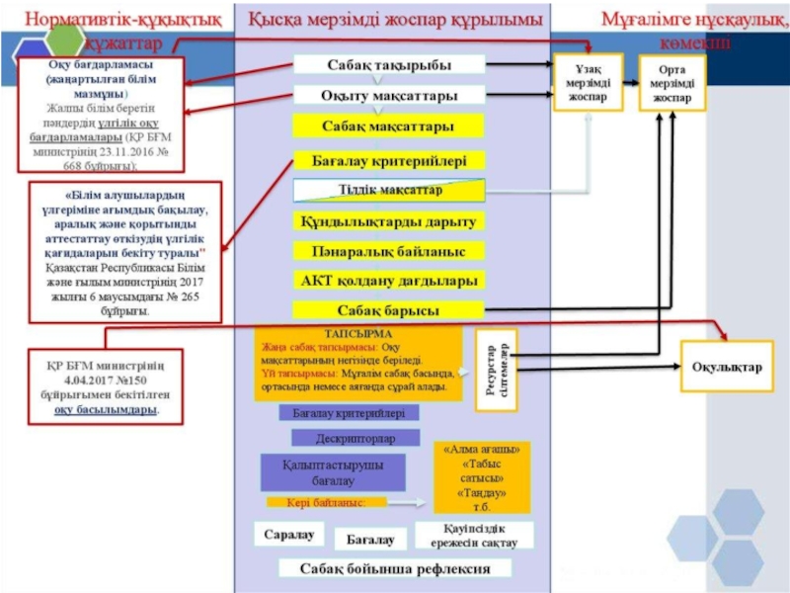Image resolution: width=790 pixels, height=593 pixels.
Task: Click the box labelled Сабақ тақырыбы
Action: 389,65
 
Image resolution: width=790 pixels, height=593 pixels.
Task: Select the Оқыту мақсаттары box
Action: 389,96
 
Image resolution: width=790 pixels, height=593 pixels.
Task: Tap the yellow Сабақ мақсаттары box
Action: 388,127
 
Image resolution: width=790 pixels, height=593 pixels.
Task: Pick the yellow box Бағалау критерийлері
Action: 388,159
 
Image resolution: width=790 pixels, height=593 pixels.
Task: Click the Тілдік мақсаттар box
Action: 389,190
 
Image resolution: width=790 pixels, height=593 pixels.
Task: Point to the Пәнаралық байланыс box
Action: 388,251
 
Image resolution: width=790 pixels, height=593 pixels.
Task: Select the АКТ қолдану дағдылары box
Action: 388,281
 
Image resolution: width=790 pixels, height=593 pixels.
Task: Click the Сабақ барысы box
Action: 388,310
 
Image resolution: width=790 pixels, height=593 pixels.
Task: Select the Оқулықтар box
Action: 727,368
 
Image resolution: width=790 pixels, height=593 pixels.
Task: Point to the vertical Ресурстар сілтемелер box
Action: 497,368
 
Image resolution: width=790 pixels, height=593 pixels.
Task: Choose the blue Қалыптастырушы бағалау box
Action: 333,473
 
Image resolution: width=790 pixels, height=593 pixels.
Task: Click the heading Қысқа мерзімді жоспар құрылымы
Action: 395,20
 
